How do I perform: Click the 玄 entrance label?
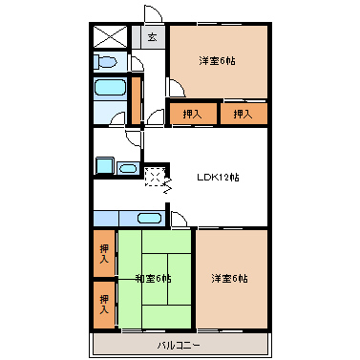coord(153,37)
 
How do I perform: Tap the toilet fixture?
coord(104,62)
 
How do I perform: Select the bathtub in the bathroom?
coord(110,87)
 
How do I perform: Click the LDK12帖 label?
coord(218,178)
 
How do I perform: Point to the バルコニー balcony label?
coord(180,346)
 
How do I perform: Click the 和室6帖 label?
coord(154,279)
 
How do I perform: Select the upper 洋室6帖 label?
coord(218,60)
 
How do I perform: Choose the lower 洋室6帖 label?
coord(229,279)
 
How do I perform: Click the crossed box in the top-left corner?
coord(110,37)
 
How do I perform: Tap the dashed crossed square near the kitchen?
coord(155,177)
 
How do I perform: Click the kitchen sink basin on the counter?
coord(149,219)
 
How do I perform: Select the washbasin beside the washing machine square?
coord(128,168)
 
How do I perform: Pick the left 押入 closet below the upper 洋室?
coord(193,114)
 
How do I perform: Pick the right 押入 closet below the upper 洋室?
coord(244,114)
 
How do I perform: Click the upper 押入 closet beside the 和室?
coord(104,253)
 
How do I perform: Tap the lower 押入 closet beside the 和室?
coord(104,305)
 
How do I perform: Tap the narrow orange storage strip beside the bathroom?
coord(136,100)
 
